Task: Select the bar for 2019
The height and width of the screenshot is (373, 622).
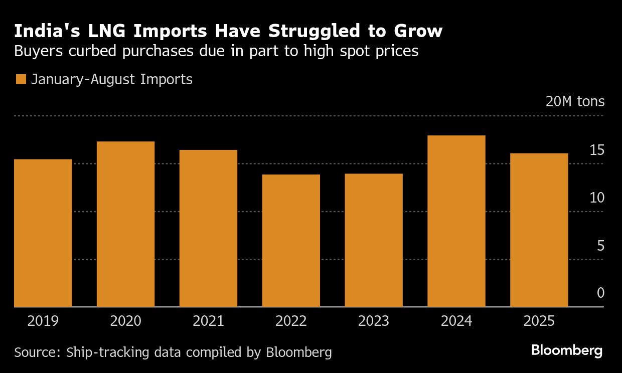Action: [x=43, y=233]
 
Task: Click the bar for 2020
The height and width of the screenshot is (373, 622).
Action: [x=125, y=224]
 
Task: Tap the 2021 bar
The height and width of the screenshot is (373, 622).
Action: [x=208, y=228]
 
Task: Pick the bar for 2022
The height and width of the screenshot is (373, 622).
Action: [x=291, y=241]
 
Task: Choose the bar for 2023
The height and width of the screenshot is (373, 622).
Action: [x=374, y=240]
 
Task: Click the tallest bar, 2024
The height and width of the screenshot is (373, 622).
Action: [x=456, y=221]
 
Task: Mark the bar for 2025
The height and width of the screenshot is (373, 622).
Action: [x=539, y=230]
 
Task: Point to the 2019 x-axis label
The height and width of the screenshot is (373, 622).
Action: [x=43, y=321]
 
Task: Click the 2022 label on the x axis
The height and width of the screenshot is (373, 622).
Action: [x=291, y=321]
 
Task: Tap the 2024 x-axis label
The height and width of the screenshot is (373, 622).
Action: [x=456, y=321]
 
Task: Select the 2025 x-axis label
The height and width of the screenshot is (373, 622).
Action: [x=539, y=321]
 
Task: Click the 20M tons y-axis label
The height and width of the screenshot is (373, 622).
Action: [x=575, y=102]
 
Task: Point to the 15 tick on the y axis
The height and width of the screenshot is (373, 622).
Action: [x=596, y=150]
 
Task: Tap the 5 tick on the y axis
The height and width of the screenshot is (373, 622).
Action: [x=600, y=246]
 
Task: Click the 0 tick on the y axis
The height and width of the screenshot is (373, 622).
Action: [x=600, y=293]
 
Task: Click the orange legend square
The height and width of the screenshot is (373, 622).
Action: [x=21, y=79]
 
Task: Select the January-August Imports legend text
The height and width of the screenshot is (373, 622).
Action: [x=112, y=79]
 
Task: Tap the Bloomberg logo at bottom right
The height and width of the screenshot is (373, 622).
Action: [x=567, y=350]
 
